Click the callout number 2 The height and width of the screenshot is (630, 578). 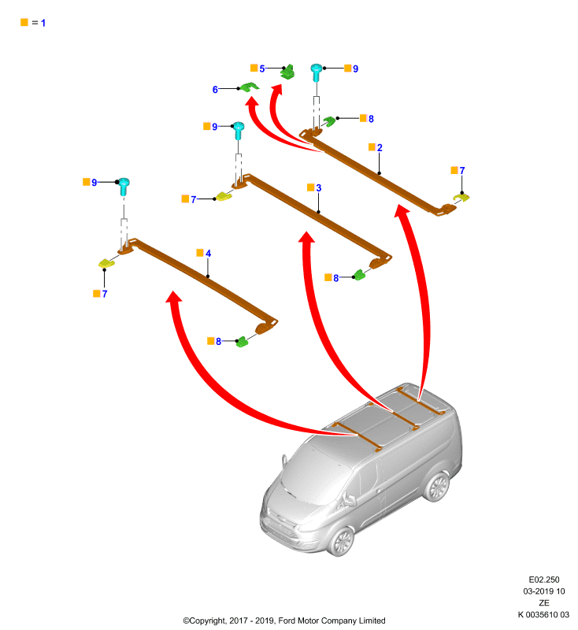[380, 147]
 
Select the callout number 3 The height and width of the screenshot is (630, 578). [318, 187]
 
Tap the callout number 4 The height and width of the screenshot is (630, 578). [208, 253]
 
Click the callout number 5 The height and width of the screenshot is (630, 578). [262, 69]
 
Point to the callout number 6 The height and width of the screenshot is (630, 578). [215, 90]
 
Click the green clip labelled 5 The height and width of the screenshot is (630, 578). [288, 72]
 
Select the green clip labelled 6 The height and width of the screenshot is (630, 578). [249, 87]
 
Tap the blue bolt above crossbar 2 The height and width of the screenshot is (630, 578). [317, 72]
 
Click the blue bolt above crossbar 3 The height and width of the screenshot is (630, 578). [238, 130]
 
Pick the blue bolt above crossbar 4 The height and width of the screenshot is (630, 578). [124, 186]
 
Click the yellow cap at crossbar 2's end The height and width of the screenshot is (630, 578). [461, 198]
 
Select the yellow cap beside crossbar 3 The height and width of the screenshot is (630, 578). [224, 196]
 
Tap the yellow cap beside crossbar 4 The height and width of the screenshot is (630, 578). [106, 263]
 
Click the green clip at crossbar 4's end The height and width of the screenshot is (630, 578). [243, 342]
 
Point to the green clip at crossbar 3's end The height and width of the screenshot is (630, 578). [359, 274]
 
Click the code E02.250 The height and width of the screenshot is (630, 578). [544, 580]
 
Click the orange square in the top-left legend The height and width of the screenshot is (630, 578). [24, 22]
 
